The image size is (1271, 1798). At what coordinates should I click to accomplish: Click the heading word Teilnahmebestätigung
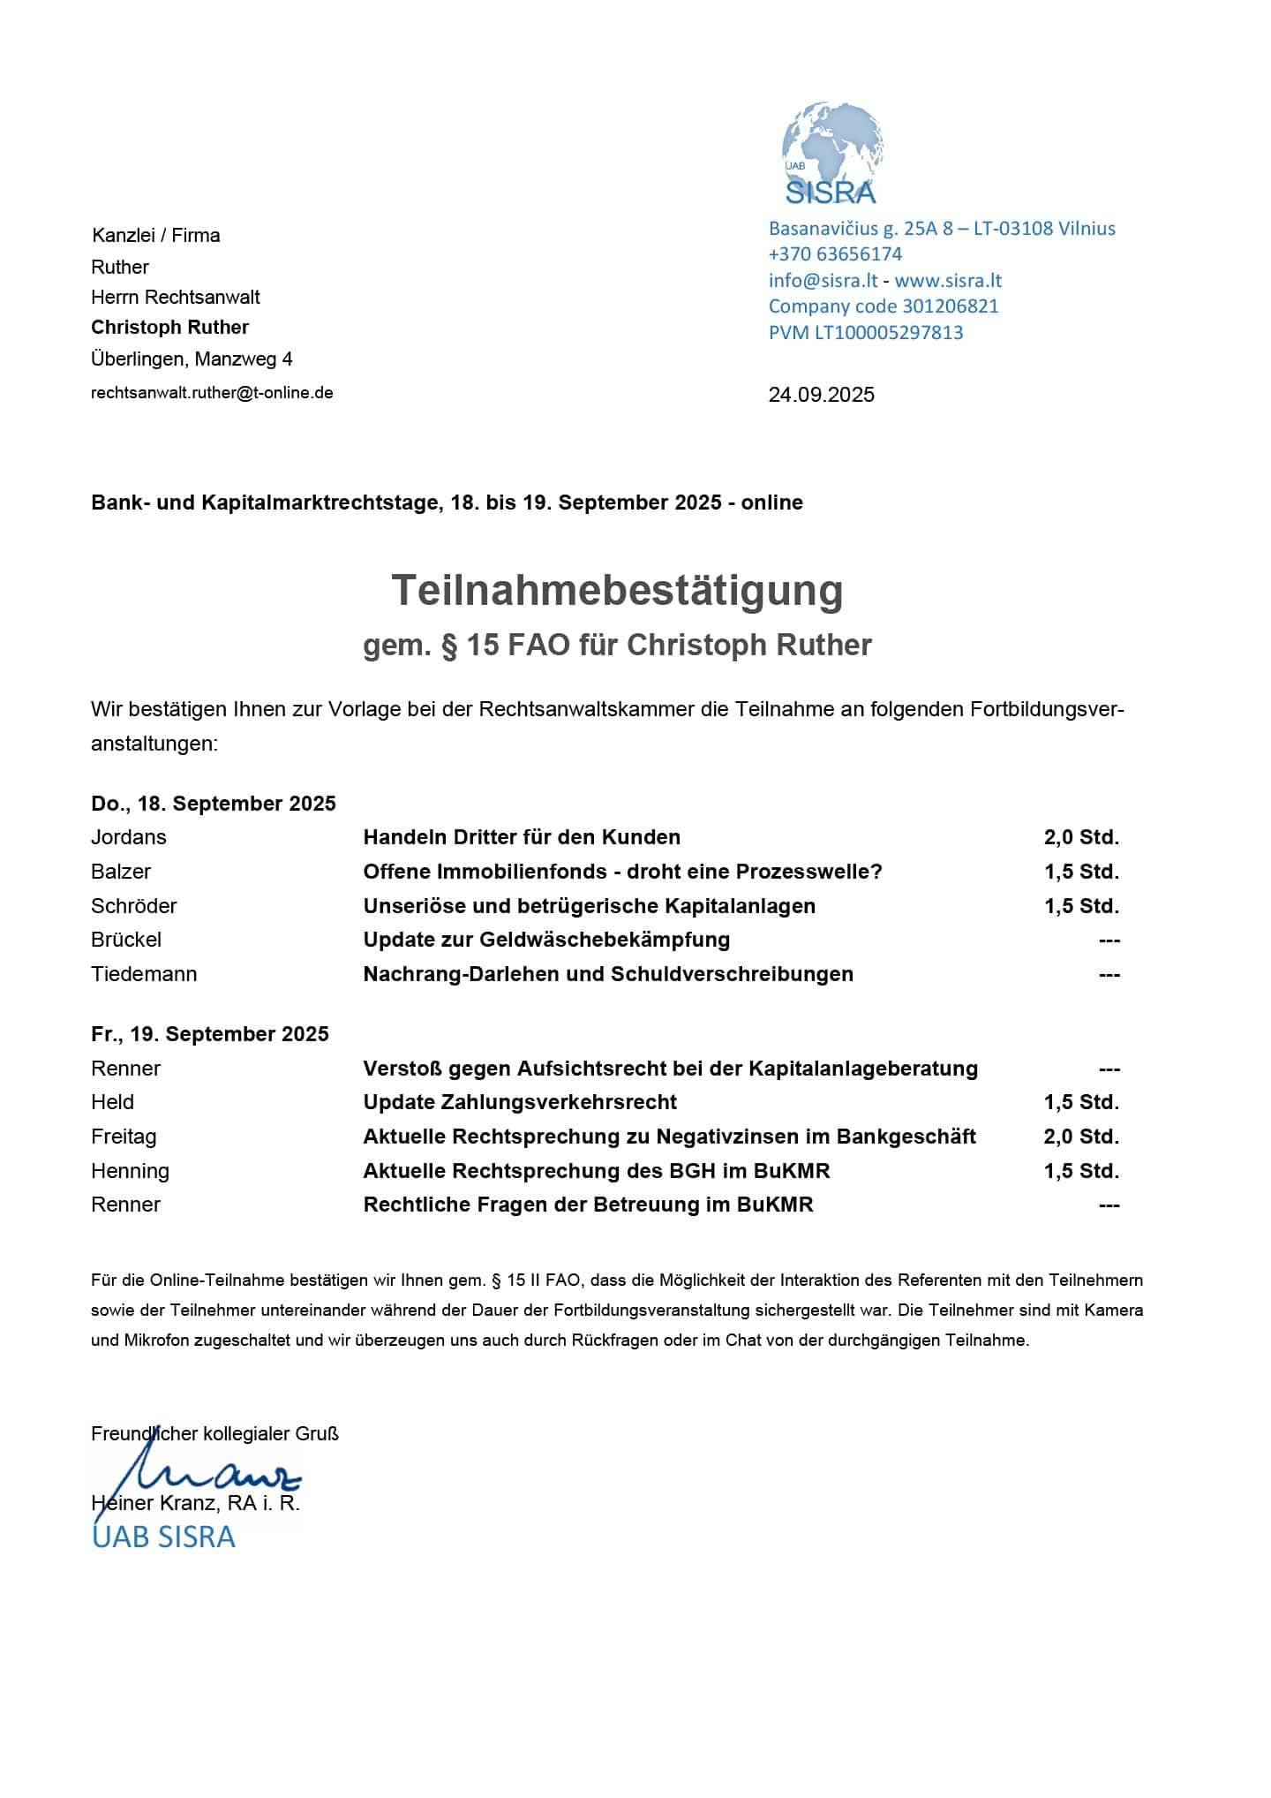(x=617, y=590)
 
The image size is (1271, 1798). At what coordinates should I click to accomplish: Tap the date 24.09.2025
(x=821, y=395)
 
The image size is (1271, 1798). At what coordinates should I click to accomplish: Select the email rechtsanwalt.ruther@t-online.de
(x=212, y=393)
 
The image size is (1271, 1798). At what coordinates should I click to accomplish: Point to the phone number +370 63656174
(x=835, y=254)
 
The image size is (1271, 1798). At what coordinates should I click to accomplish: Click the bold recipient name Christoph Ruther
(x=169, y=328)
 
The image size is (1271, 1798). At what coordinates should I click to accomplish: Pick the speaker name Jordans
(x=128, y=837)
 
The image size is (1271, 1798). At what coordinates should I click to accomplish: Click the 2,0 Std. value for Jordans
(x=1080, y=837)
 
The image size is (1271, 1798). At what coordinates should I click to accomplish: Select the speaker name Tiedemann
(x=144, y=974)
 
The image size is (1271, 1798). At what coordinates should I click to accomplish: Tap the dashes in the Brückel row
(x=1109, y=941)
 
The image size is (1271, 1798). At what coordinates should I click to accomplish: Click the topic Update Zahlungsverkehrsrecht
(x=520, y=1102)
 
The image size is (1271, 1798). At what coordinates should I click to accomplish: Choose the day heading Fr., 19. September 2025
(x=210, y=1034)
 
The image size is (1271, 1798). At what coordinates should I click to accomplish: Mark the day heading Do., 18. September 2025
(x=214, y=804)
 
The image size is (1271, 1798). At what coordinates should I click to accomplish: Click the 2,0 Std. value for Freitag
(x=1080, y=1137)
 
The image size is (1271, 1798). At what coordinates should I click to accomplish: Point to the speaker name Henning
(x=130, y=1171)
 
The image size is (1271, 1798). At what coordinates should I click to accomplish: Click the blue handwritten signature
(x=212, y=1474)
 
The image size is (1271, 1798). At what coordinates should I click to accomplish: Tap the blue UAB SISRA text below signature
(x=163, y=1537)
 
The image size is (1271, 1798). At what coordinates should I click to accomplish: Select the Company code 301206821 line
(x=884, y=306)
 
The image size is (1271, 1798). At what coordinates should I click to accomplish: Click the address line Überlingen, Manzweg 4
(x=192, y=359)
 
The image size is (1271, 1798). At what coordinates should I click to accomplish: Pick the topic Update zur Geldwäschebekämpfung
(x=546, y=940)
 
